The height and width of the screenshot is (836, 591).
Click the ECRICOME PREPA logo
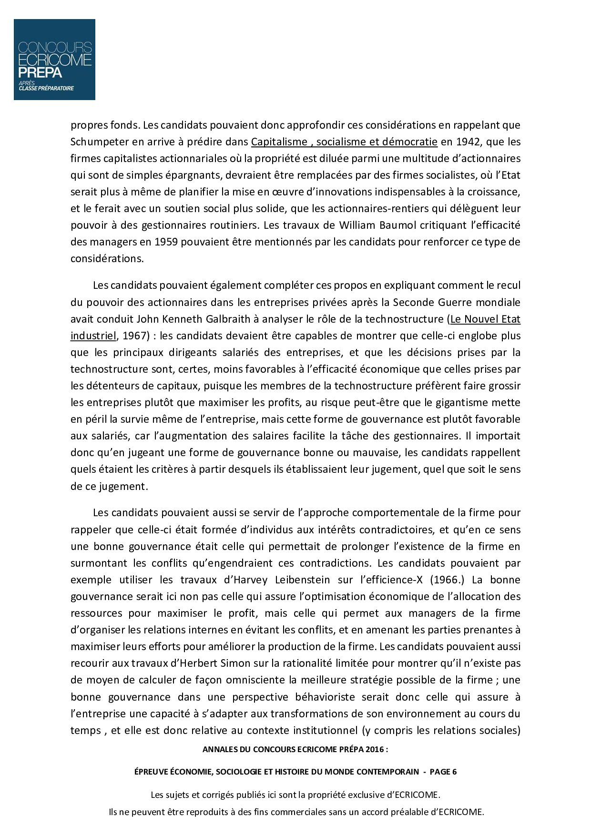54,60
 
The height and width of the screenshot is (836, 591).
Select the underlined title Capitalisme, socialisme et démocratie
344,142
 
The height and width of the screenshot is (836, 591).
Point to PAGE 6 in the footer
443,772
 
